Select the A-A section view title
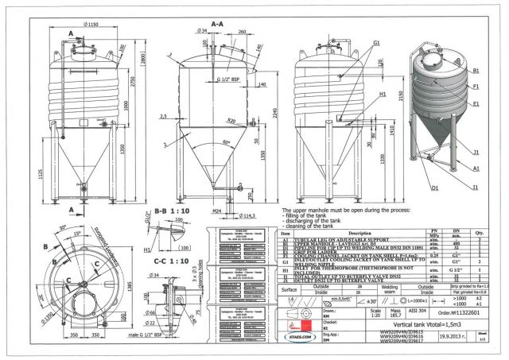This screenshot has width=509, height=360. click(x=216, y=25)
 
